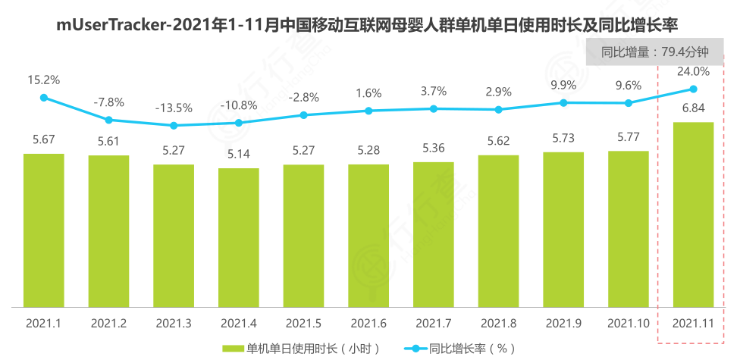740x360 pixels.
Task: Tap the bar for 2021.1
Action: (x=43, y=230)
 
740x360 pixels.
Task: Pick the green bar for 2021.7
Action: (x=433, y=234)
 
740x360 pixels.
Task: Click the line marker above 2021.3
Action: (x=174, y=126)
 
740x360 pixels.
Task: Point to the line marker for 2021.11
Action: (x=693, y=89)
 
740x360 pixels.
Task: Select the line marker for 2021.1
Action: (x=43, y=97)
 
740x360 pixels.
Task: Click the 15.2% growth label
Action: (x=43, y=79)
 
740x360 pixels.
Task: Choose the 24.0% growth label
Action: (x=693, y=72)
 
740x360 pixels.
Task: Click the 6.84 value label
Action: (x=693, y=108)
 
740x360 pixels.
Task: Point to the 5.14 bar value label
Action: (x=238, y=153)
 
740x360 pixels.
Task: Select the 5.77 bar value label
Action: (x=628, y=137)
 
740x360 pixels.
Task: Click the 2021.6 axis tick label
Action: (x=368, y=323)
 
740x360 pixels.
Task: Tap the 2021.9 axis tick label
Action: (x=563, y=323)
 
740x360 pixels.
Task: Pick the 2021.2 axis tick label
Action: (x=108, y=323)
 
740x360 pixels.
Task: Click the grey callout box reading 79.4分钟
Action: (x=654, y=52)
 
